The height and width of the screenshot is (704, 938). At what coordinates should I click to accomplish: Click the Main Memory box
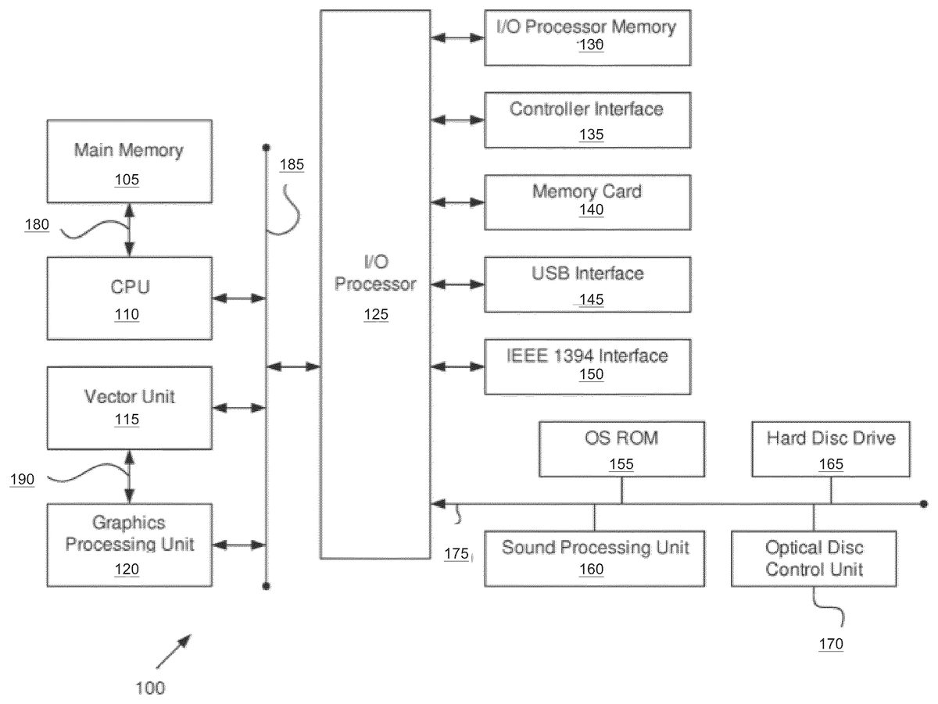[x=129, y=161]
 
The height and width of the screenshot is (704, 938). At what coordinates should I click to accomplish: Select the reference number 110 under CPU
[x=127, y=315]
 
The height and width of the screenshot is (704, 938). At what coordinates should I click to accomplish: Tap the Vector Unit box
[x=129, y=407]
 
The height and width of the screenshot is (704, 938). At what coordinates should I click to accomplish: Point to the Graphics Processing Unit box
[x=129, y=545]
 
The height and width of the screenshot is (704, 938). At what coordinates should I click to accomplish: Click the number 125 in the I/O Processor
[x=375, y=315]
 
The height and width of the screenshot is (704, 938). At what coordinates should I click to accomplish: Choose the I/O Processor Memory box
[x=587, y=37]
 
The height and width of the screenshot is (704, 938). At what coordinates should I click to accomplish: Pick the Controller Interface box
[x=587, y=120]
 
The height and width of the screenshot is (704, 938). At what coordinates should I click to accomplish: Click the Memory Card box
[x=587, y=202]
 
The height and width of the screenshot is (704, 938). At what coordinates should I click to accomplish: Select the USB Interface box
[x=587, y=284]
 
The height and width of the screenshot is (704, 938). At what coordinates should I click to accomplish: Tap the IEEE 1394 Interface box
[x=587, y=366]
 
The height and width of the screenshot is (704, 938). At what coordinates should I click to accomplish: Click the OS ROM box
[x=621, y=448]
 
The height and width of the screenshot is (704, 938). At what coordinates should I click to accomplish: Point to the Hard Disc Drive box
[x=831, y=448]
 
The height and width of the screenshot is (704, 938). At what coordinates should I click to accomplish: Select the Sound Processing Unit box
[x=594, y=558]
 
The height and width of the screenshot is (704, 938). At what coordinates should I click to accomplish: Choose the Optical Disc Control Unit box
[x=814, y=558]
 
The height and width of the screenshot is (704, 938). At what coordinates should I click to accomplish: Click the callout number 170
[x=831, y=645]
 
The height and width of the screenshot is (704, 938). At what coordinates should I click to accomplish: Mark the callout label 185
[x=292, y=165]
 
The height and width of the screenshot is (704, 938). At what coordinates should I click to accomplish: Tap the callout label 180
[x=36, y=226]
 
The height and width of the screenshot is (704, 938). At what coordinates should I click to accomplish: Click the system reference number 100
[x=150, y=688]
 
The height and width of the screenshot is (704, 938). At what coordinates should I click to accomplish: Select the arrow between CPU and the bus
[x=239, y=298]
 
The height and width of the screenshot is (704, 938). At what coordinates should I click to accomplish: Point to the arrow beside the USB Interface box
[x=457, y=284]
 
